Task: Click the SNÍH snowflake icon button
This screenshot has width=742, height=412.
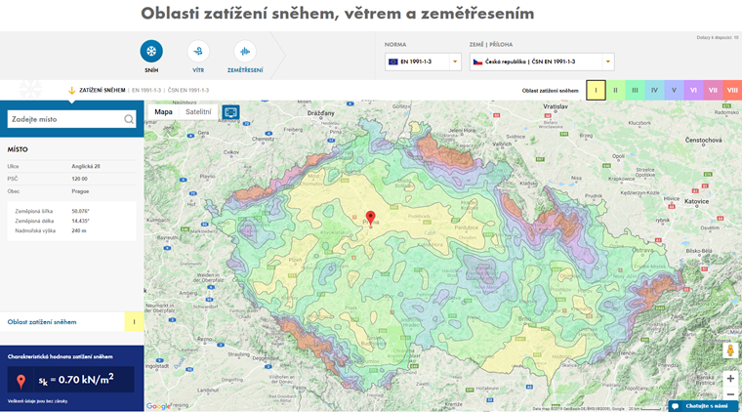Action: coord(151,52)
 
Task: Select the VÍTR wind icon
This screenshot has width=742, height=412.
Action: coord(198,52)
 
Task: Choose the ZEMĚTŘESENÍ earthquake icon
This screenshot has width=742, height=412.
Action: coord(244,52)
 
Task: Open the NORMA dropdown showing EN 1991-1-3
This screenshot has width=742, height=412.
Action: coord(423,62)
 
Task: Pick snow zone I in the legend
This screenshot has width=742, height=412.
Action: coord(596,90)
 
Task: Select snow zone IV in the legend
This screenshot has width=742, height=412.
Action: coord(654,90)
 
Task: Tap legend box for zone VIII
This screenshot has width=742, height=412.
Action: coord(732,90)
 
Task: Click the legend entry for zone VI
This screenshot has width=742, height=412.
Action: coord(693,90)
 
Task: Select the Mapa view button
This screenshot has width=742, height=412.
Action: coord(163,111)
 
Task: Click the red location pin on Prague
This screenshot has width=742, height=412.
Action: coord(370,218)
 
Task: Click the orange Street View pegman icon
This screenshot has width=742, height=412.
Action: coord(730,350)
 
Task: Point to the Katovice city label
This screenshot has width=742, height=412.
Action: coord(694,201)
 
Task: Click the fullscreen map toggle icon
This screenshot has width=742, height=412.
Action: coord(230,111)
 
